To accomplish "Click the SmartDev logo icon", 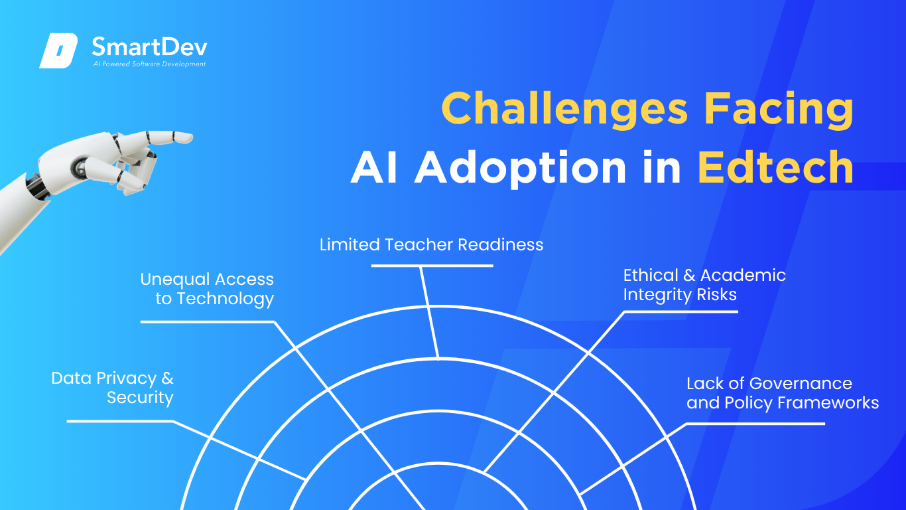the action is (x=58, y=50).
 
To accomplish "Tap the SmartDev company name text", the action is (x=149, y=46).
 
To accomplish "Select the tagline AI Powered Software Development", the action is (x=149, y=64).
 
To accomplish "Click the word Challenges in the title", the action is (x=564, y=108).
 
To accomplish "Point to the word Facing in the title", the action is (x=779, y=108).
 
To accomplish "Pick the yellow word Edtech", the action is (x=776, y=167).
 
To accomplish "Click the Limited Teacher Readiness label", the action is (x=431, y=244).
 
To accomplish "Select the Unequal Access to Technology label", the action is (x=207, y=290).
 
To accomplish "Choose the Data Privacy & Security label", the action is (x=113, y=388).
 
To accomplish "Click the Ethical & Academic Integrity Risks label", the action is (x=704, y=285).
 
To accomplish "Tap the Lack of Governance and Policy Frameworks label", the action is (x=783, y=393).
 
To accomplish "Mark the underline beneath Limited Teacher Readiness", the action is (x=432, y=266).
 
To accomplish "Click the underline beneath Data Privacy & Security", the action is (x=120, y=421).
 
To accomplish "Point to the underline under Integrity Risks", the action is (x=681, y=312).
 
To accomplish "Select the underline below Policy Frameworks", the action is (x=755, y=424).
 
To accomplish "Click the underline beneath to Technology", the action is (x=208, y=322).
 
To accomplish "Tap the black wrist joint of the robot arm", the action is (x=36, y=187).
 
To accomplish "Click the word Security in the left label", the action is (x=140, y=398).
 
